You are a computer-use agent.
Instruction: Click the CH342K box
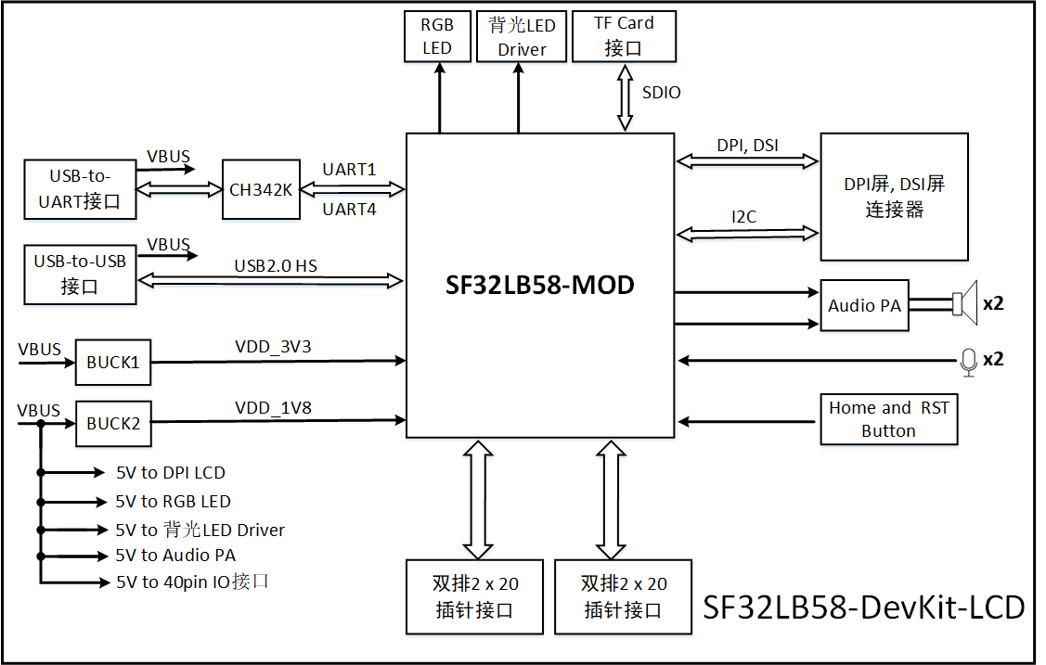[262, 189]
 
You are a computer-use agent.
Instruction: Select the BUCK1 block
[113, 363]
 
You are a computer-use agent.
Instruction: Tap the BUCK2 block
[113, 423]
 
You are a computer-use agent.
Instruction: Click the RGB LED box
[437, 37]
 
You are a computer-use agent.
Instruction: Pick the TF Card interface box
[624, 37]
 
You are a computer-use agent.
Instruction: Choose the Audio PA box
[864, 305]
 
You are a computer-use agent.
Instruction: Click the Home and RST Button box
[888, 419]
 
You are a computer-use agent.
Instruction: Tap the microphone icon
[968, 361]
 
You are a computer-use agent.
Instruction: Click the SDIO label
[661, 93]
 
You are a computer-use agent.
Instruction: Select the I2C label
[743, 217]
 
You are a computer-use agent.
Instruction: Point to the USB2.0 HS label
[276, 266]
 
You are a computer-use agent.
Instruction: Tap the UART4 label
[349, 210]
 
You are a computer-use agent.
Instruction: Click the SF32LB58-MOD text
[540, 285]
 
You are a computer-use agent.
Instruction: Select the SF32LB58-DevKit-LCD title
[863, 607]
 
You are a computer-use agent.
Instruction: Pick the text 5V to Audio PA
[175, 556]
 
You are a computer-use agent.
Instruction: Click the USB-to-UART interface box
[80, 188]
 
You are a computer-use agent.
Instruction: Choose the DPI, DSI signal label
[747, 146]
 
